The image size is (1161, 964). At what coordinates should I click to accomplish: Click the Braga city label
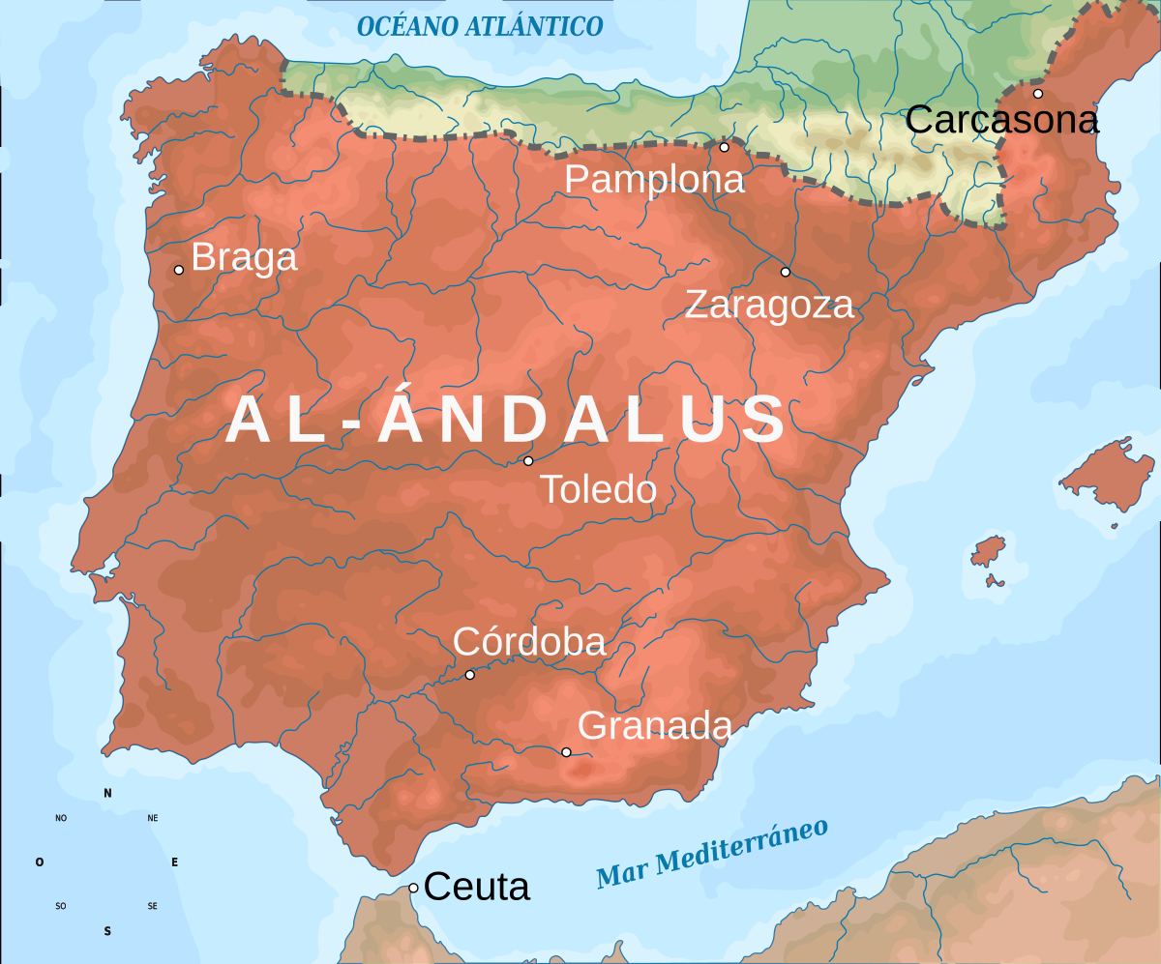click(x=245, y=258)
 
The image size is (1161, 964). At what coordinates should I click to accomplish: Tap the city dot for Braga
click(x=179, y=270)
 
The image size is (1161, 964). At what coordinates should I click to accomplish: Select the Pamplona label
click(x=655, y=180)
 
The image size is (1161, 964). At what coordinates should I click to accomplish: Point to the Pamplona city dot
click(x=724, y=147)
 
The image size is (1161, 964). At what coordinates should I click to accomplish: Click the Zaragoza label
click(x=769, y=306)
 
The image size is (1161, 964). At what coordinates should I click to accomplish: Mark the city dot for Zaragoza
click(x=785, y=272)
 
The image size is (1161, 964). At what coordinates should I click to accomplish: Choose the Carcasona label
click(x=1002, y=121)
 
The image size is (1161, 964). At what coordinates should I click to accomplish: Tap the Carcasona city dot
click(x=1038, y=94)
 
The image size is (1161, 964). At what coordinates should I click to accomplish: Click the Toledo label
click(x=598, y=490)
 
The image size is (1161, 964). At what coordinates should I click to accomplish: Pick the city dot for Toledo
click(x=528, y=461)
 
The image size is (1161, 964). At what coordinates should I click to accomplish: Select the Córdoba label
click(x=529, y=643)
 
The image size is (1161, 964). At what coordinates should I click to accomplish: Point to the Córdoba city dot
click(x=470, y=675)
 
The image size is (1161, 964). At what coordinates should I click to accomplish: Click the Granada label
click(x=655, y=725)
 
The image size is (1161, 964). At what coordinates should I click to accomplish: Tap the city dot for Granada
click(x=566, y=752)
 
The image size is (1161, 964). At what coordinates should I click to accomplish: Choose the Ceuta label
click(x=477, y=887)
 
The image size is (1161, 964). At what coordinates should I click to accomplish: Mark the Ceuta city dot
click(x=413, y=888)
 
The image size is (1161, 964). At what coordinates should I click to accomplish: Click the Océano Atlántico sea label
click(x=480, y=26)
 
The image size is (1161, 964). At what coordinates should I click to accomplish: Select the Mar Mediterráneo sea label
click(x=713, y=854)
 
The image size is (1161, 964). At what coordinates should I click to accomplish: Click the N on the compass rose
click(x=107, y=794)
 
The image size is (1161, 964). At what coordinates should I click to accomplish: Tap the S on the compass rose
click(x=107, y=932)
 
